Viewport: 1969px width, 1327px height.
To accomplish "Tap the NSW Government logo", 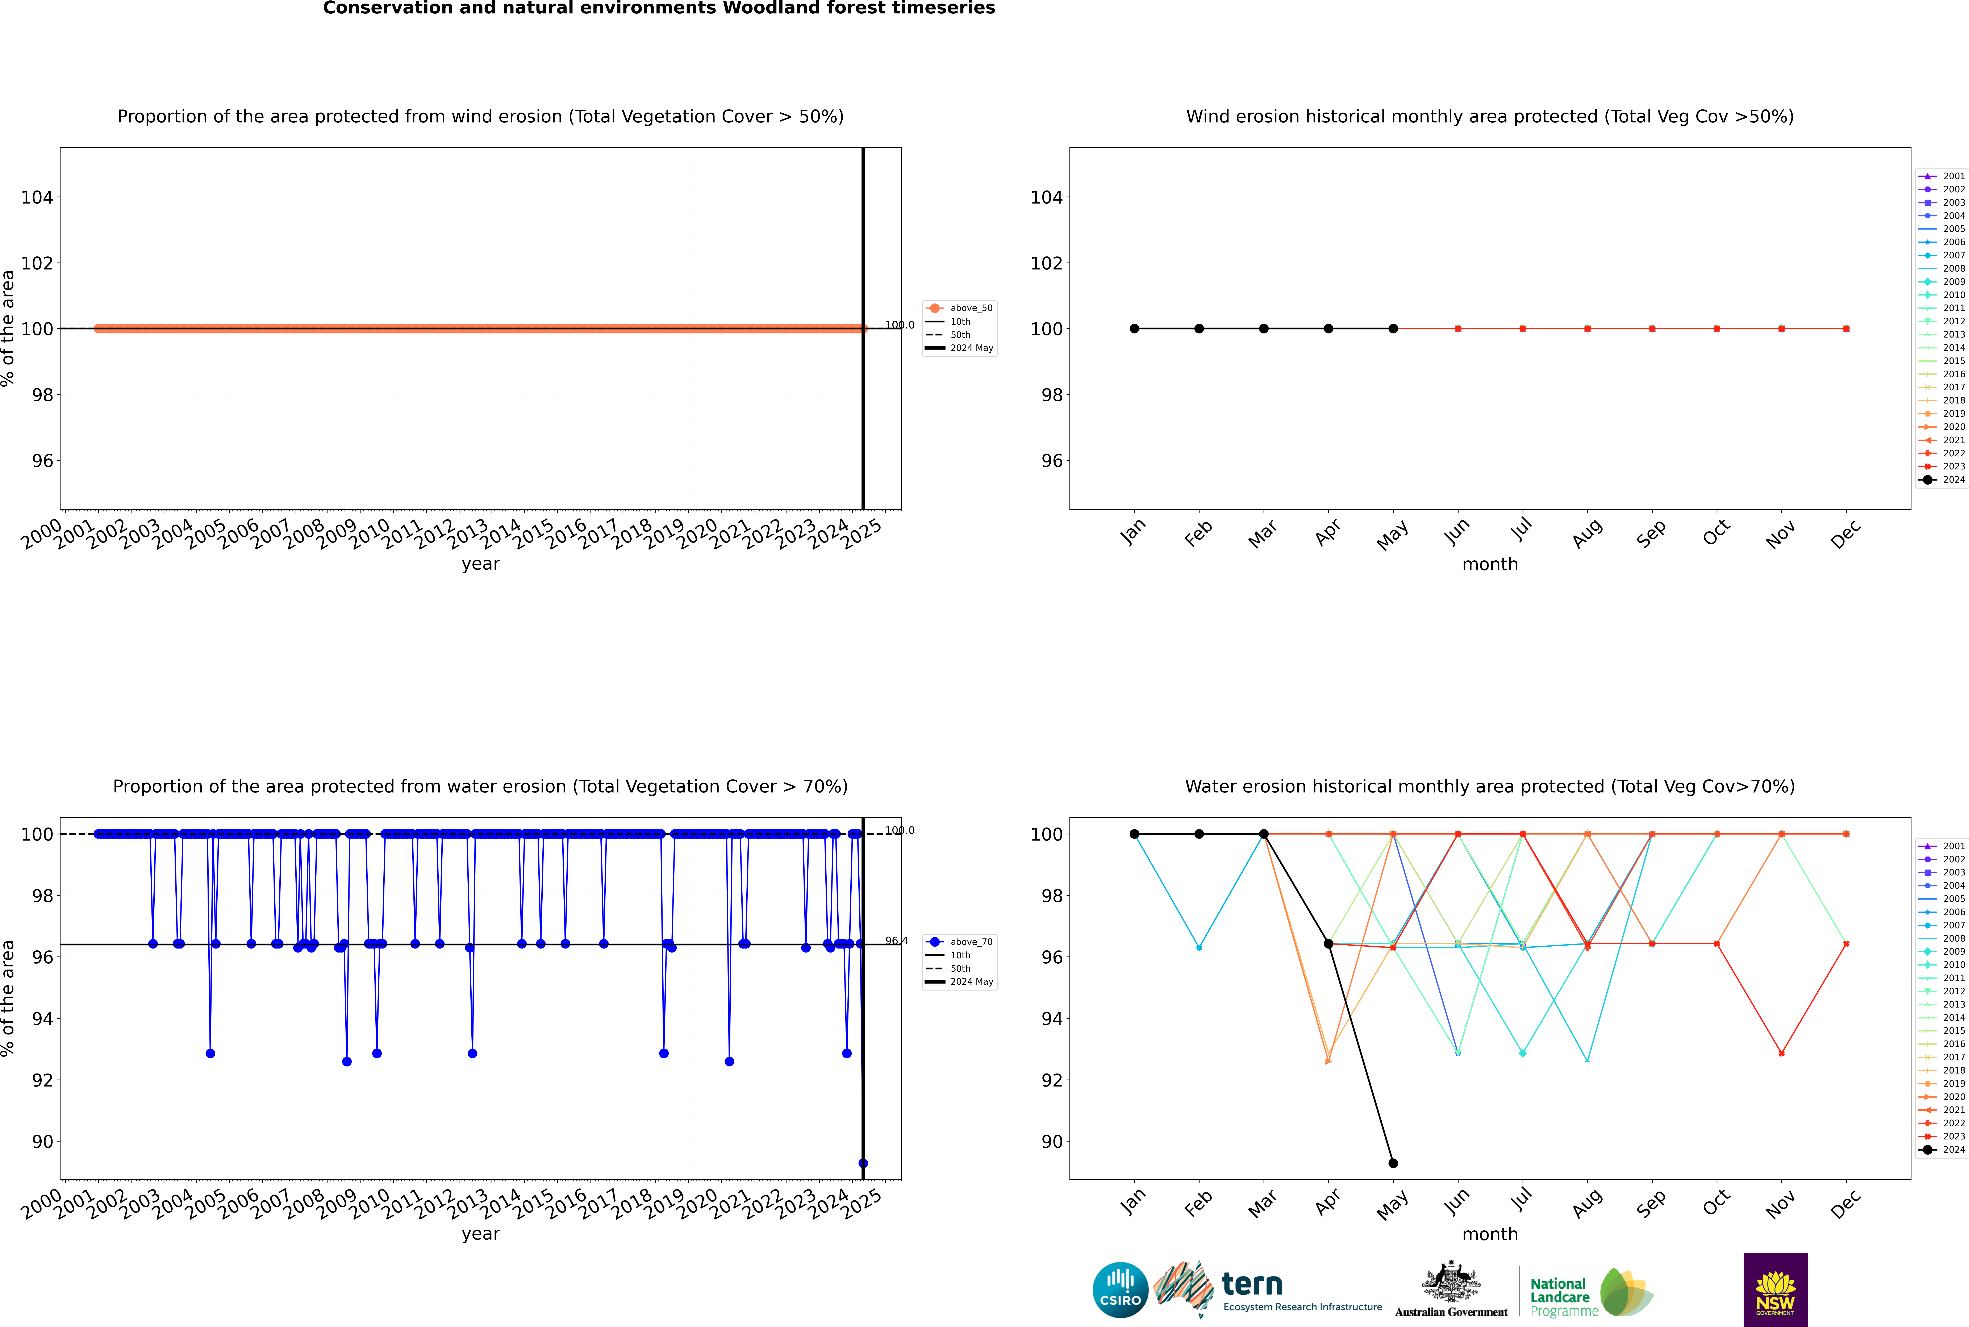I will (1775, 1290).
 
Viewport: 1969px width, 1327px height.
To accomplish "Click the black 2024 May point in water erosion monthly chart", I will (1393, 1163).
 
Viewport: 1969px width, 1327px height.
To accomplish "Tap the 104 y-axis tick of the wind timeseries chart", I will (37, 197).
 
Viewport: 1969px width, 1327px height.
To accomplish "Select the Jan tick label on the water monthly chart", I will (1133, 1203).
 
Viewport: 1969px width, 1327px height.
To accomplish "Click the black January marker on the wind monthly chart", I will (1134, 328).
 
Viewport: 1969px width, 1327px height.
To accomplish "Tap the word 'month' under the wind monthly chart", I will (1490, 565).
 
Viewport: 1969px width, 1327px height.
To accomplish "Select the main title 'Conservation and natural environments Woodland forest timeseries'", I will (659, 8).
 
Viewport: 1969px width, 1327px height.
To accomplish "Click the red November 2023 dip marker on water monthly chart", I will (1781, 1054).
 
